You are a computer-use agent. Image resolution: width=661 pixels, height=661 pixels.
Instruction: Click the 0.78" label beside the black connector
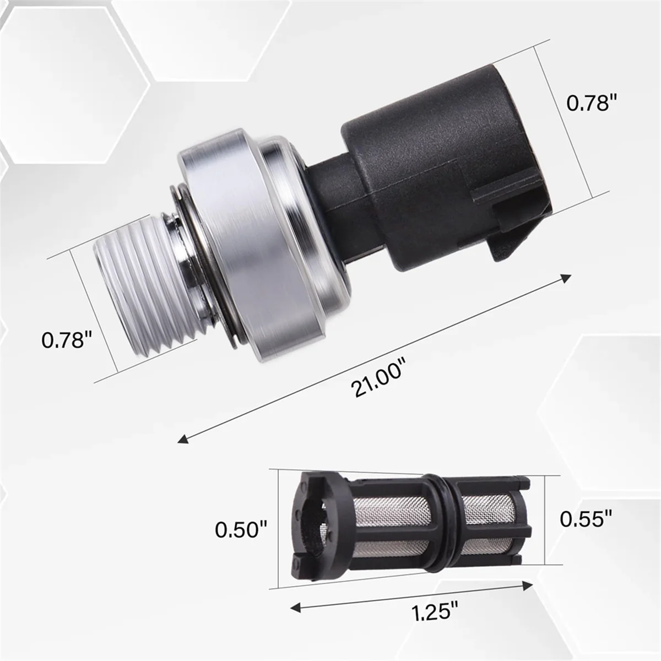tap(590, 102)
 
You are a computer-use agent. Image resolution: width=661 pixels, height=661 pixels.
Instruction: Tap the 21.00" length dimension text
tap(380, 378)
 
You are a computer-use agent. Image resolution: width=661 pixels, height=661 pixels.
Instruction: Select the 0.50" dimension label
tap(241, 530)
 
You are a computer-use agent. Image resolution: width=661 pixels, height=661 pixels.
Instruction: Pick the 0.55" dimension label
tap(586, 519)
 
